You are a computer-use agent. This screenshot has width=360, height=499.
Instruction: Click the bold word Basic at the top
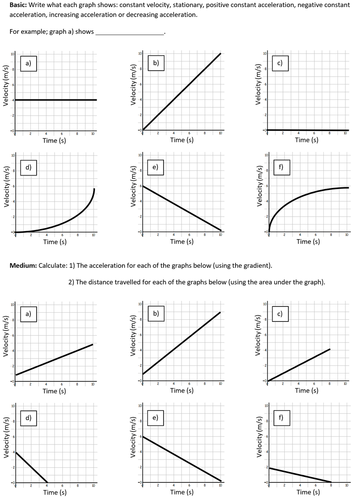(18, 5)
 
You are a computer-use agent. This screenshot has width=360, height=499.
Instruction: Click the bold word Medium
(22, 265)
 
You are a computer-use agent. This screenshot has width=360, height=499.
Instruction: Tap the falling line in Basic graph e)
(181, 208)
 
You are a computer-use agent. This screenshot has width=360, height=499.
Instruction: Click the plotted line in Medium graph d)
(32, 467)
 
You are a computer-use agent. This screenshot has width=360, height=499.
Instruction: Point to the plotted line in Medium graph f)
(300, 475)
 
